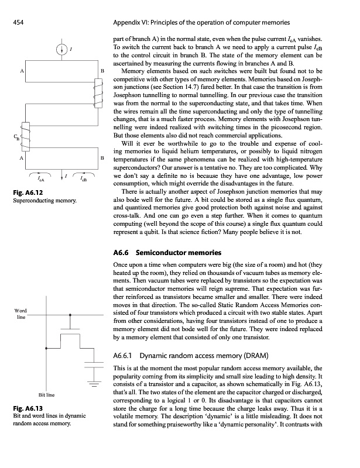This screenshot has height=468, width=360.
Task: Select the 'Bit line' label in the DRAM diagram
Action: coord(46,395)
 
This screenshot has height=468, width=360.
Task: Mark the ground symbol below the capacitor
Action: coord(94,384)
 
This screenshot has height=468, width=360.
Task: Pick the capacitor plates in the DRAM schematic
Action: coord(94,365)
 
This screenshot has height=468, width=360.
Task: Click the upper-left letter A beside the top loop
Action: coord(22,71)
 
